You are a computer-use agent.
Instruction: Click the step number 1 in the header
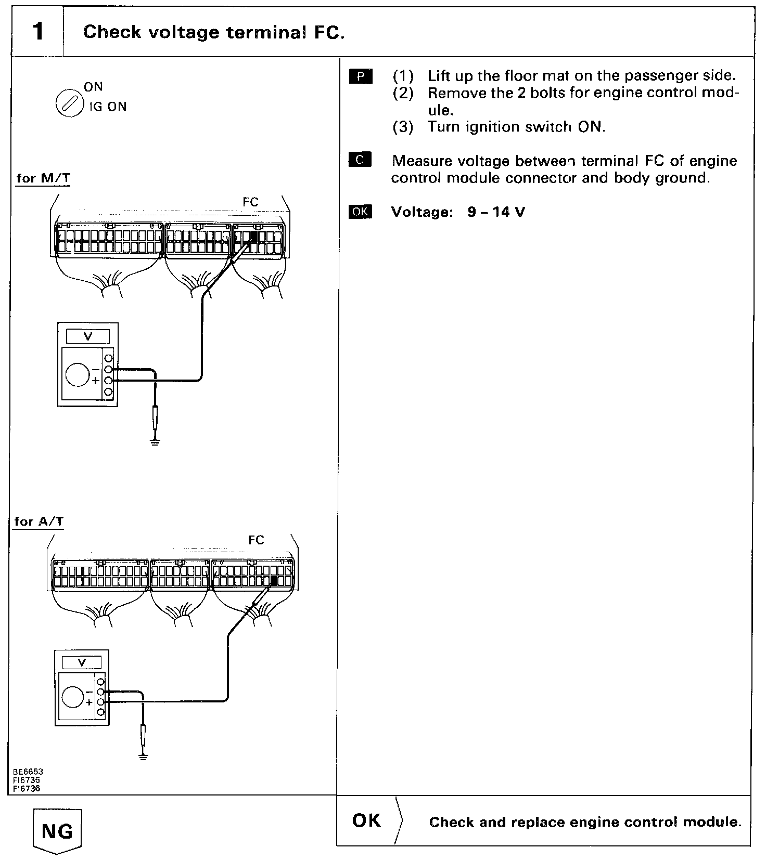coord(37,32)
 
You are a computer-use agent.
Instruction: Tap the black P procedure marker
coord(361,76)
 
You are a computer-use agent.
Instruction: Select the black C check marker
coord(361,160)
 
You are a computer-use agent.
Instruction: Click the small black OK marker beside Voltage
coord(361,212)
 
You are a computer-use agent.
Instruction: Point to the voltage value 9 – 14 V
coord(496,212)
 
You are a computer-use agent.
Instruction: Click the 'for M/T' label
coord(43,178)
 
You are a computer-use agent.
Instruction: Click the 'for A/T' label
coord(39,521)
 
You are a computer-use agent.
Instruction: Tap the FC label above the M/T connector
coord(250,202)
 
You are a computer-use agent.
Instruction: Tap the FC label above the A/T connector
coord(256,540)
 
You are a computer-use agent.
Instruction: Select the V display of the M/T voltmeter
coord(88,337)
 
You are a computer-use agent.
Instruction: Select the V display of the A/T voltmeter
coord(82,662)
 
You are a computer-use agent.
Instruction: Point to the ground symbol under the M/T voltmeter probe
coord(155,442)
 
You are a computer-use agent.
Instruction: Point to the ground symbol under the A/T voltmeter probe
coord(143,756)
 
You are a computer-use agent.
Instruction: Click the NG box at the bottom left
coord(57,831)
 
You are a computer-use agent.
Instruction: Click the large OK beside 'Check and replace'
coord(366,820)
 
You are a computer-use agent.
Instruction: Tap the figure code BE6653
coord(29,772)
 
